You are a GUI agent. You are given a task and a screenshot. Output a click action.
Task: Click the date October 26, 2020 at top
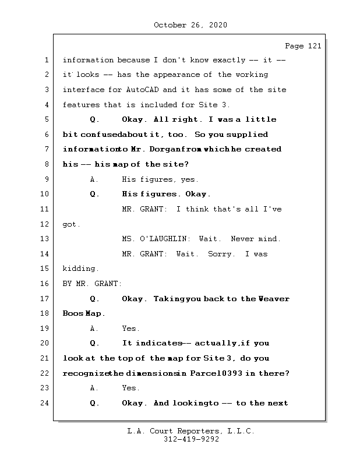(190, 25)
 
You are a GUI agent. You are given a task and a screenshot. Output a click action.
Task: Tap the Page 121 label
(303, 46)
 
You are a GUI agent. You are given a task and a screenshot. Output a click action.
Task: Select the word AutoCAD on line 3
(142, 90)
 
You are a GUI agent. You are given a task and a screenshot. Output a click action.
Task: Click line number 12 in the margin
(44, 224)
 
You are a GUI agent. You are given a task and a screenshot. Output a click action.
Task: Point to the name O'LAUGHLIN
(163, 239)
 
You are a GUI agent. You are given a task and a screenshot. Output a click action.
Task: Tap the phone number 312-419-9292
(191, 439)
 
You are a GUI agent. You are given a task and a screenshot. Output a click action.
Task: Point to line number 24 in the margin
(44, 403)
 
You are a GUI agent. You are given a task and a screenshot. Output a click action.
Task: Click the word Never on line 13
(242, 239)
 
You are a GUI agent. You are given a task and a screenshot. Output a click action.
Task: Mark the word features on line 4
(81, 105)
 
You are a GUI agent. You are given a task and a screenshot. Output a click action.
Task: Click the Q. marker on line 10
(94, 194)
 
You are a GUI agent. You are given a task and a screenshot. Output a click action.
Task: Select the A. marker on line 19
(94, 329)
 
